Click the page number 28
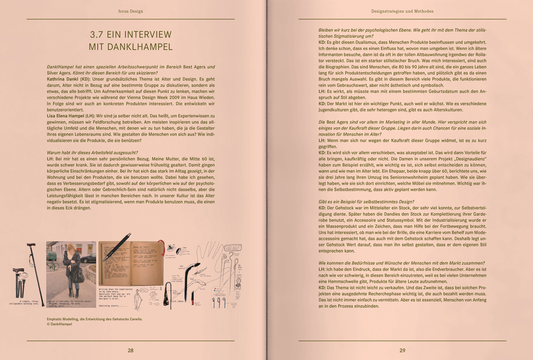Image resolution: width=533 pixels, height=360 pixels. tap(131, 350)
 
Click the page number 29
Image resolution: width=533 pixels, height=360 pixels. tap(402, 350)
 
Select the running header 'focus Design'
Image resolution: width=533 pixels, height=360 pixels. tap(131, 11)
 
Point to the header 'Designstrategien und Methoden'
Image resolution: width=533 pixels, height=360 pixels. tap(402, 11)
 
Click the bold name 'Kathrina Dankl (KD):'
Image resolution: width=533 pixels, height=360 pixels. tap(69, 78)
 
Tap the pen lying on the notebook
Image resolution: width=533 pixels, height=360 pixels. tap(116, 247)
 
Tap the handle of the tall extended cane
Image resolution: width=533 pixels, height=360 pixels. tap(31, 245)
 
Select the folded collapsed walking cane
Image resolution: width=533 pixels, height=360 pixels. tap(18, 282)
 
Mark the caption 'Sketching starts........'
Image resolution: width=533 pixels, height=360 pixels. tap(113, 306)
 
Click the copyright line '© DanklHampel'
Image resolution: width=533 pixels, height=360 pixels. tap(60, 324)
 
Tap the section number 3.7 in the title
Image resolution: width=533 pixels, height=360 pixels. tap(99, 35)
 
